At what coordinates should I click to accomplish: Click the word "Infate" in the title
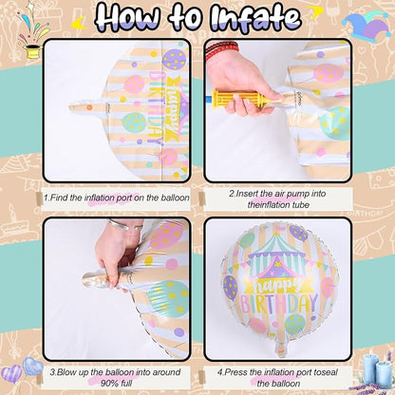[x=255, y=16]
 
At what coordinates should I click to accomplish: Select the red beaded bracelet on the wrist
[x=221, y=49]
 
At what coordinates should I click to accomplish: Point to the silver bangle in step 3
[x=124, y=225]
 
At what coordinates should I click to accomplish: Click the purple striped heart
[x=11, y=374]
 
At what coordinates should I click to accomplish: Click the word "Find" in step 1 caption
[x=60, y=197]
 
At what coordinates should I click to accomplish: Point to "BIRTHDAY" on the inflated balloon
[x=279, y=303]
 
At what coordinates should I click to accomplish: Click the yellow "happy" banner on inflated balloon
[x=277, y=284]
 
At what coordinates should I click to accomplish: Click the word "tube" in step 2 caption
[x=300, y=205]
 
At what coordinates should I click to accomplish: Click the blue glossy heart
[x=32, y=367]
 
